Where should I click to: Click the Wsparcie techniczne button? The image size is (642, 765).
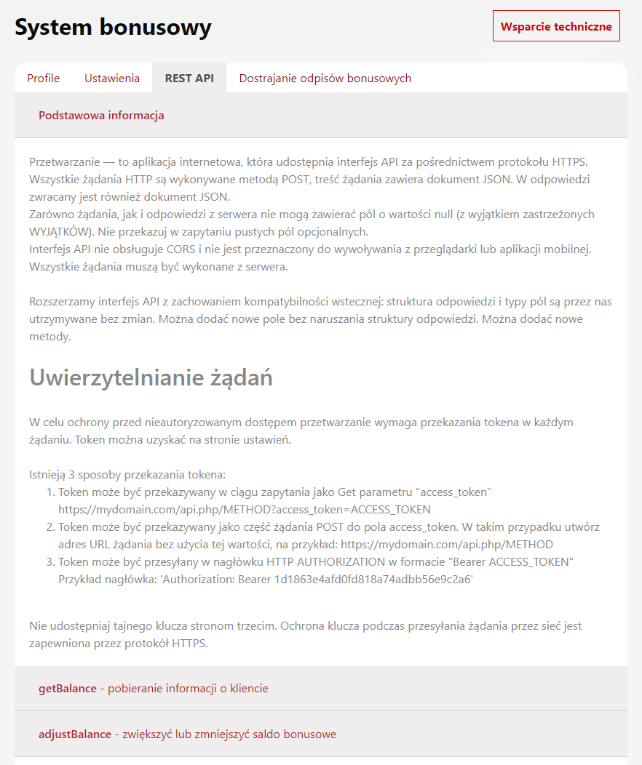(556, 26)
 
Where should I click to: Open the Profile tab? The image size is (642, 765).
(44, 79)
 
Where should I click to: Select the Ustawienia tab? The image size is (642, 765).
(112, 79)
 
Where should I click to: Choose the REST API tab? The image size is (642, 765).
(189, 79)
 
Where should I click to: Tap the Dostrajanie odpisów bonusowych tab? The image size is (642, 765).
(325, 79)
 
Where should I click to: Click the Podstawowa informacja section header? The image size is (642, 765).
(101, 116)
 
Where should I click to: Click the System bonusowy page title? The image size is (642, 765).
(114, 28)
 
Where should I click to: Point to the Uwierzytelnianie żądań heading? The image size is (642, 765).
(151, 378)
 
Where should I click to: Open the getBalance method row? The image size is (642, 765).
(68, 688)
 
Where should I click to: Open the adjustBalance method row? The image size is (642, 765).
(75, 734)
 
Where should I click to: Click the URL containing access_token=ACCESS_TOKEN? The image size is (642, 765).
(245, 509)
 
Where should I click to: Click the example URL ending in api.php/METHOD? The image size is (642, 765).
(447, 544)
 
